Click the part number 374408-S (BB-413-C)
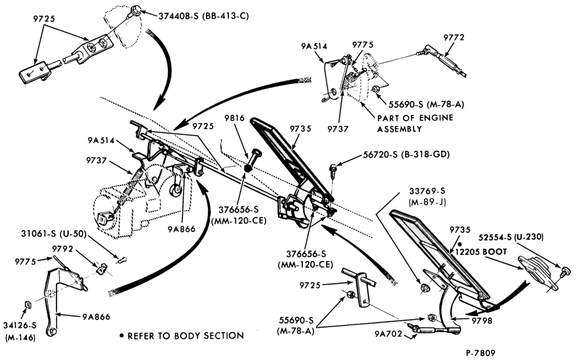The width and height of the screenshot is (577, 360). pos(204,16)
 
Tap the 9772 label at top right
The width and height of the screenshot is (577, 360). pos(454,37)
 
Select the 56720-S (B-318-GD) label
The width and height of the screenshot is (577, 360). pos(406,155)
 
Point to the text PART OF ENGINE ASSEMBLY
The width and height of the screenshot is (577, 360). pos(415,123)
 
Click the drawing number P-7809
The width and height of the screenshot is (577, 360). pos(480,353)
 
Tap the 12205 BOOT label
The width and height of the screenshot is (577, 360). pos(481,252)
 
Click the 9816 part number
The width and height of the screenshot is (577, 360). pos(234,118)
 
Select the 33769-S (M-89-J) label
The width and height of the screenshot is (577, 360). pos(427,197)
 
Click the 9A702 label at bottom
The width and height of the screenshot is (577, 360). pos(388,334)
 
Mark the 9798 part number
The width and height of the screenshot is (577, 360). pos(482,321)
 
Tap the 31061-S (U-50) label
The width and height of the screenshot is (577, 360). pos(54,234)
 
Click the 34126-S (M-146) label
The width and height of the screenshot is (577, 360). pos(20,331)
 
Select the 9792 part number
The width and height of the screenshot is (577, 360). pos(62,249)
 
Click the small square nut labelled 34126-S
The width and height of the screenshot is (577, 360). pos(27,304)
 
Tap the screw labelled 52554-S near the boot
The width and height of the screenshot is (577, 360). pos(565,273)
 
